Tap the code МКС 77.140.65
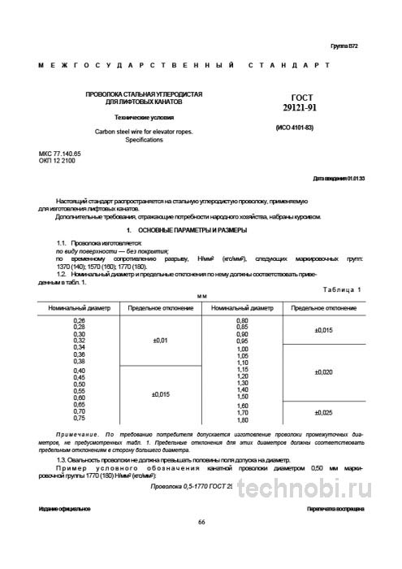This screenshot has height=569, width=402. click(x=60, y=154)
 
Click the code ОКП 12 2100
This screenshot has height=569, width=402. click(x=57, y=161)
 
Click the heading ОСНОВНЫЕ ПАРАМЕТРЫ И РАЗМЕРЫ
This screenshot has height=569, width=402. click(x=165, y=232)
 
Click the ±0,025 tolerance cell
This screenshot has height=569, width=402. click(x=323, y=413)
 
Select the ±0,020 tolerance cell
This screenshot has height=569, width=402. click(x=323, y=371)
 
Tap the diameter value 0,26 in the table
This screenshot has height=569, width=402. click(x=80, y=324)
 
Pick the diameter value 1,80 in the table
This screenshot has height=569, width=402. click(x=242, y=420)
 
